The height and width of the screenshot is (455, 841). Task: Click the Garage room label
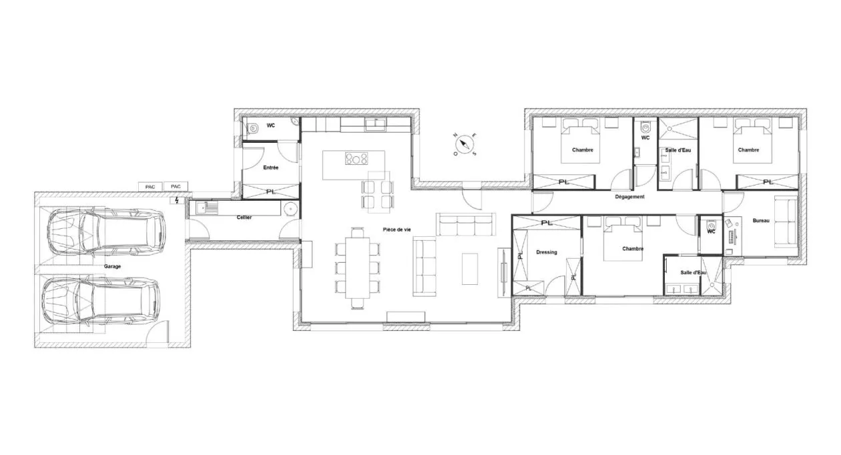[112, 266]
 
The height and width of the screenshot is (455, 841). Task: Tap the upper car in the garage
[105, 232]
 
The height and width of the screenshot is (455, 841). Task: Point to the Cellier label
[244, 218]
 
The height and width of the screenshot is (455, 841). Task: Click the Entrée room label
[270, 167]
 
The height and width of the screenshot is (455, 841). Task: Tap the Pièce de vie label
[396, 230]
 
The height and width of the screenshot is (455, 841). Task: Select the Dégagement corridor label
[629, 197]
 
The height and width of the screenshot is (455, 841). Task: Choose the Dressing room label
[546, 252]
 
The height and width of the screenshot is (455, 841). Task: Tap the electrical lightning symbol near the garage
[176, 199]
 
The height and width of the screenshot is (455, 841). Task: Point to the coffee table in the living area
[470, 268]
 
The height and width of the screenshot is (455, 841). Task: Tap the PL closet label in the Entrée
[270, 191]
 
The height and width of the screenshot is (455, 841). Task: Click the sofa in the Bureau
[785, 223]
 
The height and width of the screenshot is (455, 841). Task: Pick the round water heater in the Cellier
[288, 208]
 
